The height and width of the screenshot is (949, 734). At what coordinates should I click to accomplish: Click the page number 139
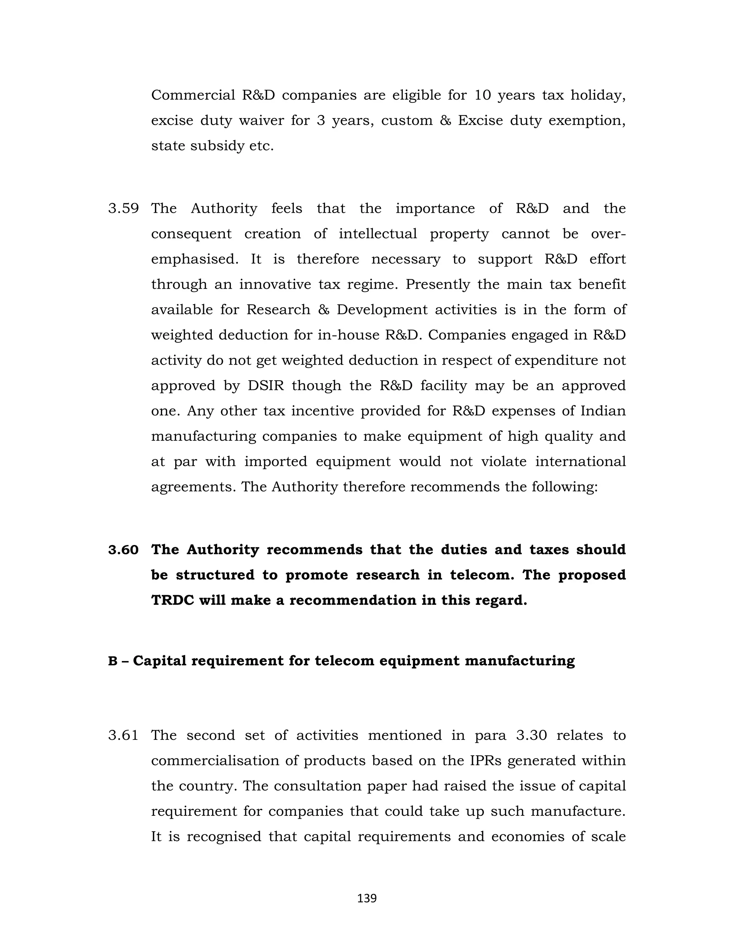pyautogui.click(x=367, y=898)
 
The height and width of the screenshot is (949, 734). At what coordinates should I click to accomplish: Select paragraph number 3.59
pyautogui.click(x=124, y=208)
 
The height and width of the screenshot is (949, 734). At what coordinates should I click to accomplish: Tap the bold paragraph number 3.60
pyautogui.click(x=124, y=550)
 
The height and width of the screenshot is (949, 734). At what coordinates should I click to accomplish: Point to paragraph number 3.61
pyautogui.click(x=124, y=735)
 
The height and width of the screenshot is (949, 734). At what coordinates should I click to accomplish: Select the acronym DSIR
pyautogui.click(x=266, y=386)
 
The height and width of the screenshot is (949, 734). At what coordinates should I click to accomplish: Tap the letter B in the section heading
pyautogui.click(x=113, y=661)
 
